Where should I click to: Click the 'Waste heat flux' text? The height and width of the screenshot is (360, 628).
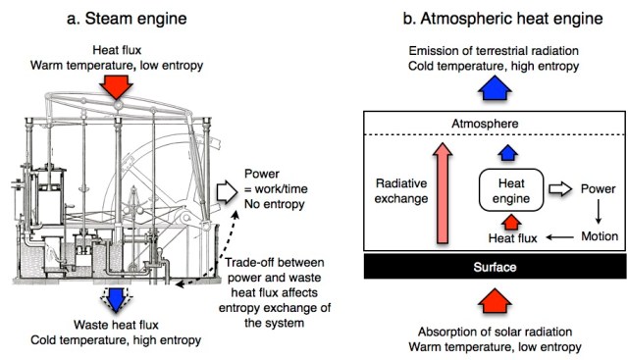(118, 326)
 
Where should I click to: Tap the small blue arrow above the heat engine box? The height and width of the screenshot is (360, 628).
(505, 152)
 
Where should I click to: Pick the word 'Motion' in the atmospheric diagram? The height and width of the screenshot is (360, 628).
(598, 236)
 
